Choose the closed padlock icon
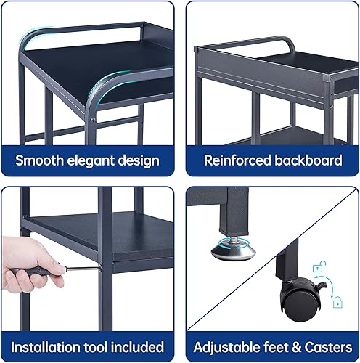338,298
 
